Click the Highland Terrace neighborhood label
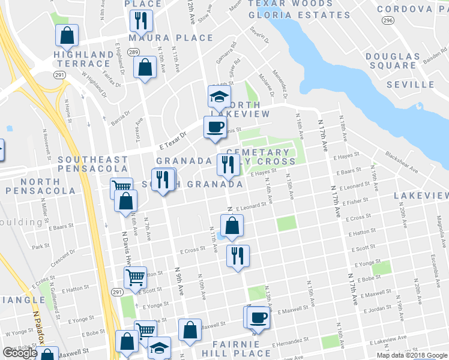[x=83, y=59]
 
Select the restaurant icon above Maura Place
[x=141, y=20]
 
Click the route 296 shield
[x=388, y=20]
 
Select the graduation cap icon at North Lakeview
[x=220, y=96]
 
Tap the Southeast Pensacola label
[x=93, y=165]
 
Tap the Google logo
[x=20, y=353]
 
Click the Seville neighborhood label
[x=410, y=85]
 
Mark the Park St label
[x=40, y=246]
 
